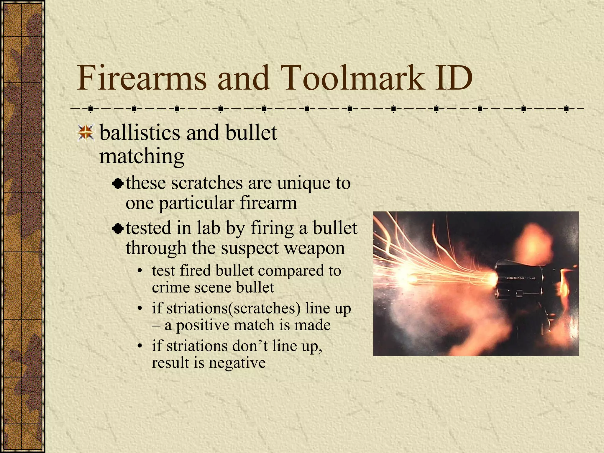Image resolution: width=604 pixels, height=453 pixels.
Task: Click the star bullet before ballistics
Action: pos(86,132)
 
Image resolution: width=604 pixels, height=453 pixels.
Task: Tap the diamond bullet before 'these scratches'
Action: pos(118,184)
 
